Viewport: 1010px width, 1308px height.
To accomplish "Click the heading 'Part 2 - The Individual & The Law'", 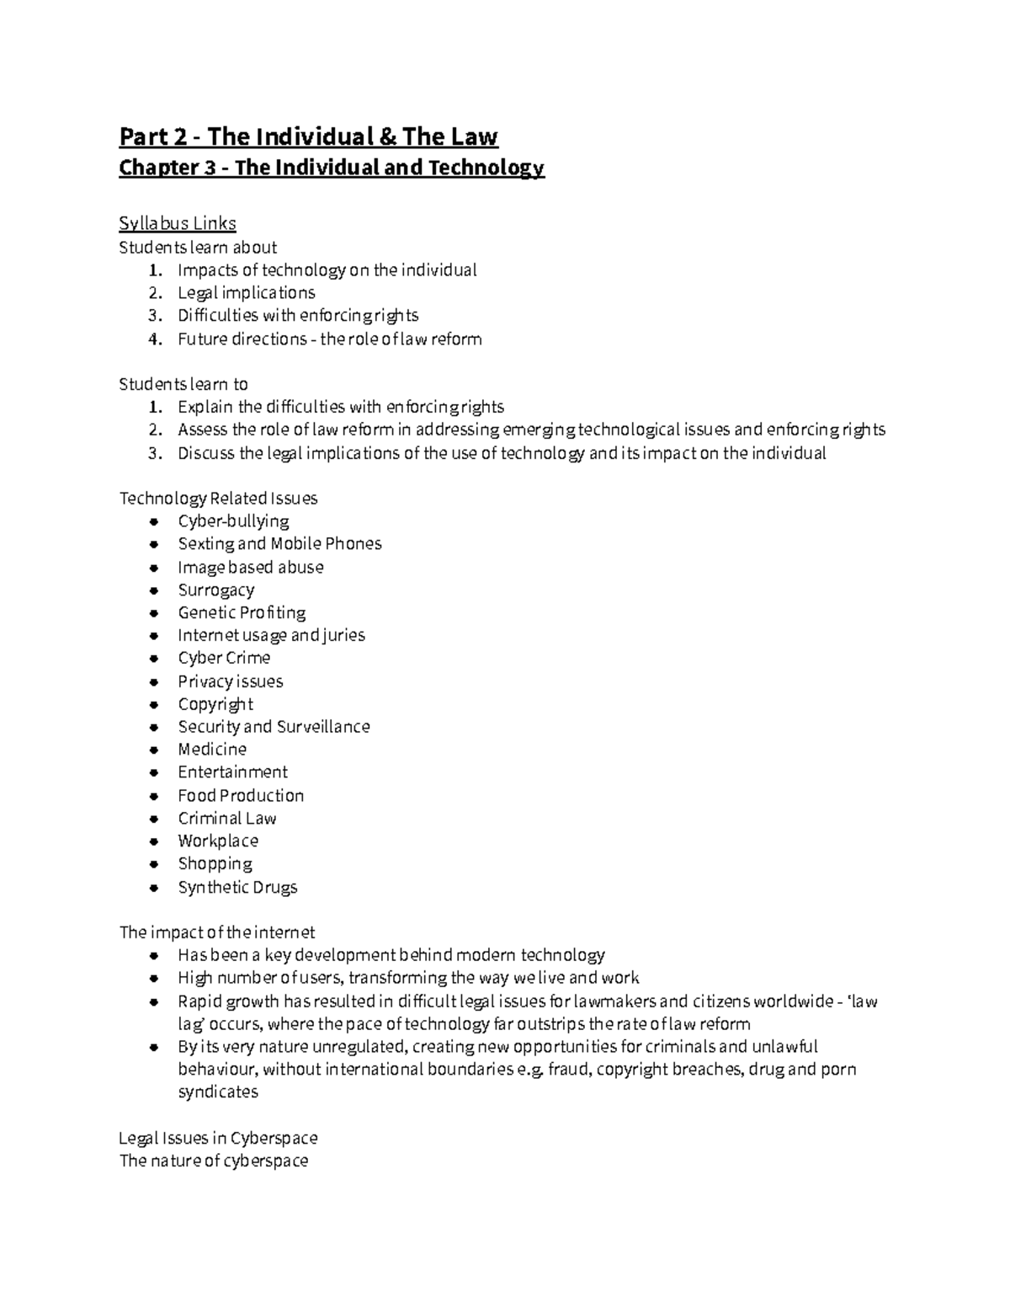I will tap(308, 136).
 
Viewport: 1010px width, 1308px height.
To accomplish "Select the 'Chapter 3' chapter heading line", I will tap(332, 168).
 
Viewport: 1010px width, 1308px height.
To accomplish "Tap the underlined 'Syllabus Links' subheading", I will tap(178, 223).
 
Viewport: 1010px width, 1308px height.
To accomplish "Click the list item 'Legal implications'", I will tap(246, 293).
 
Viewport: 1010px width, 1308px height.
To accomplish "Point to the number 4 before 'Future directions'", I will tap(154, 339).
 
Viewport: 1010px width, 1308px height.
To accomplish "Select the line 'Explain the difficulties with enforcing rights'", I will tap(340, 408).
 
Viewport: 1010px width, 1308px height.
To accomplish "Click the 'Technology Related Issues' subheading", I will tap(218, 499).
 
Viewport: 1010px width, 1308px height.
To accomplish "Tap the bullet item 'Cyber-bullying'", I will tap(233, 521).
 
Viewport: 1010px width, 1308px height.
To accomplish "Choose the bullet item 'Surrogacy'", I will tap(215, 590).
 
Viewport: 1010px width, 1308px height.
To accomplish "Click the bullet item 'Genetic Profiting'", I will tap(242, 613).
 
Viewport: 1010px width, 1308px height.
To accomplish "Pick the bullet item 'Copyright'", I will tap(215, 704).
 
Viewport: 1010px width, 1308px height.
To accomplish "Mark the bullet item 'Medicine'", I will tap(212, 750).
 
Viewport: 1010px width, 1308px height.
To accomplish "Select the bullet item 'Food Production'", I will tap(241, 796).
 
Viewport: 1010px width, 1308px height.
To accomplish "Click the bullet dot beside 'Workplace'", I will tap(153, 841).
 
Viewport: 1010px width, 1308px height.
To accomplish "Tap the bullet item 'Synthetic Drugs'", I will tap(237, 888).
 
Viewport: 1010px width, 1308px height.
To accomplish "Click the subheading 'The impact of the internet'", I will tap(217, 932).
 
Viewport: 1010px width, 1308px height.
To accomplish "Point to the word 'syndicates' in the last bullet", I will tap(218, 1092).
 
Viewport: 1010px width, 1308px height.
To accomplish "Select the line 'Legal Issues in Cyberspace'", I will tap(218, 1139).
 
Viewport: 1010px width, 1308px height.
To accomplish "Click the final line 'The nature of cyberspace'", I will tap(214, 1161).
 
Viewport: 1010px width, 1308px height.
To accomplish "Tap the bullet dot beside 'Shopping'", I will tap(153, 864).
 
